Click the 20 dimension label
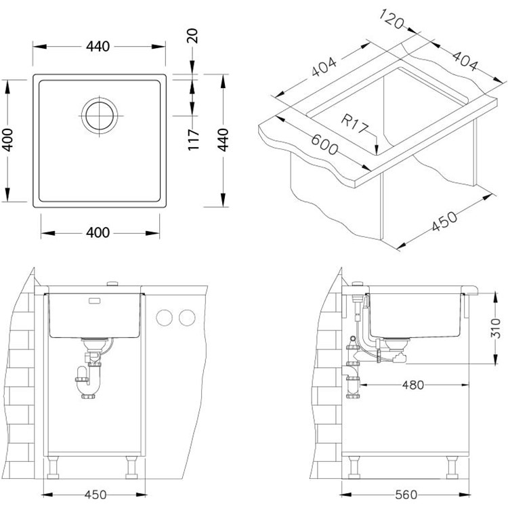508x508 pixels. point(192,36)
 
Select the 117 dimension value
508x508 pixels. point(194,140)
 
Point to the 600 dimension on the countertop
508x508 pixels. point(324,144)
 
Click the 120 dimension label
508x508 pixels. point(391,19)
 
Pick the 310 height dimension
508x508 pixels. point(495,328)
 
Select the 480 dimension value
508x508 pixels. point(412,385)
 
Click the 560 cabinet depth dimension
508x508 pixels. point(406,494)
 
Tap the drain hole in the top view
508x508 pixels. point(100,116)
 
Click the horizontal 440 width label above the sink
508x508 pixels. point(98,47)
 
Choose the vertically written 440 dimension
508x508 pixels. point(223,140)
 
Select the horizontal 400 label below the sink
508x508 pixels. point(98,232)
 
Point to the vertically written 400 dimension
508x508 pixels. point(7,140)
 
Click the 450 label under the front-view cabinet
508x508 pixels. point(96,494)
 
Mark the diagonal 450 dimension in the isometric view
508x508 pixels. point(444,221)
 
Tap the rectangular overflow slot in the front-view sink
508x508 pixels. point(95,301)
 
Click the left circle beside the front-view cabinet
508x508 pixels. point(165,318)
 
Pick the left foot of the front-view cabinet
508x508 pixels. point(53,467)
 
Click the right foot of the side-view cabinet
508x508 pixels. point(452,467)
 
